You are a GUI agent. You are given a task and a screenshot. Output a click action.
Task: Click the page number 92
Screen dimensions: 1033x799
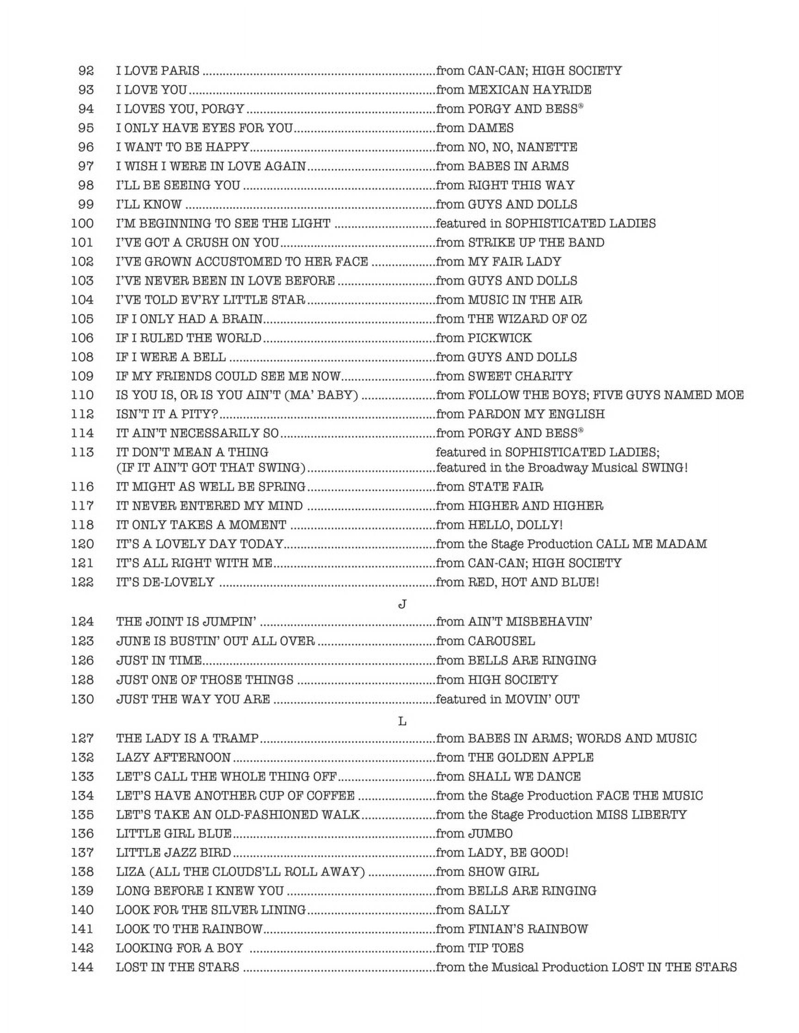(x=86, y=71)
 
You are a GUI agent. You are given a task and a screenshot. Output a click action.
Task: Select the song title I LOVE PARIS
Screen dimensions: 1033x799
(x=158, y=71)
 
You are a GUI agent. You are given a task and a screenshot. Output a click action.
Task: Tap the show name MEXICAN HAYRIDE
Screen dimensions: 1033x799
(x=529, y=90)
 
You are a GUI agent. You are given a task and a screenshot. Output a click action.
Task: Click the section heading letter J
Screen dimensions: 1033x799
(x=402, y=604)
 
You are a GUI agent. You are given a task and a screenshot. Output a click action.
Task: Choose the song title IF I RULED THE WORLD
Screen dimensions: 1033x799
(x=188, y=338)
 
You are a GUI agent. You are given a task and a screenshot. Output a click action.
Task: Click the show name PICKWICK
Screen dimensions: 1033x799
(x=499, y=338)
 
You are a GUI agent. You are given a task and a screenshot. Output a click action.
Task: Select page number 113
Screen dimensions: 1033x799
(x=82, y=452)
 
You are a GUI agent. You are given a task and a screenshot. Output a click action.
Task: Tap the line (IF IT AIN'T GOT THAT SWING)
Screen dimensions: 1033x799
(x=211, y=468)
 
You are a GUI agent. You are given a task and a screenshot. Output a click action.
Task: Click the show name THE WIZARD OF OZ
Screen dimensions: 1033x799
(x=527, y=319)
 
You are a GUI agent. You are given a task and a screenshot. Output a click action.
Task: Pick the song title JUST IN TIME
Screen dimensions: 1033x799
(x=159, y=660)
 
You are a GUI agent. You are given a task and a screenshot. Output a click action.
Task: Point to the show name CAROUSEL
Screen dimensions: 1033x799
(x=501, y=641)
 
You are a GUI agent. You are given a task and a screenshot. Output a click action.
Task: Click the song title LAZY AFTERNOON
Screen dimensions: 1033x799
(x=173, y=757)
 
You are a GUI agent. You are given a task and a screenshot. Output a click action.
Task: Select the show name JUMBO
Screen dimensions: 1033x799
(x=490, y=833)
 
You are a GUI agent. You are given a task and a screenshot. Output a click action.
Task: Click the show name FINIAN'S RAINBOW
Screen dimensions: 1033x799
(x=528, y=929)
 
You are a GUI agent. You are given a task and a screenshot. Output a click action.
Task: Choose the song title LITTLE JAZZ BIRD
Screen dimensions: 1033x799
(x=174, y=853)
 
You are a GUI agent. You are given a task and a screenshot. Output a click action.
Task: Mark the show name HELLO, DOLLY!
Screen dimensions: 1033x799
(x=515, y=525)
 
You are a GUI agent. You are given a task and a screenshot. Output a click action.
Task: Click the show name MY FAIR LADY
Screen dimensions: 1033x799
(x=514, y=261)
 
